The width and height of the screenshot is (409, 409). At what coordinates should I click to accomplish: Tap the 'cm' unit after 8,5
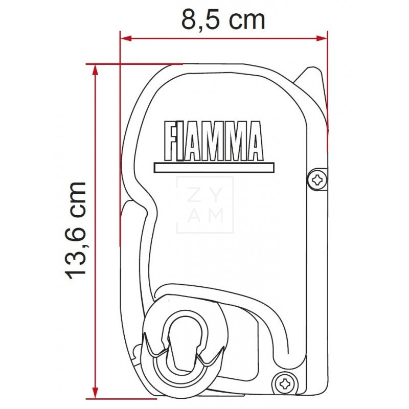pyautogui.click(x=246, y=20)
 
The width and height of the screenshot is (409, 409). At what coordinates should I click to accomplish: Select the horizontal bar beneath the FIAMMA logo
pyautogui.click(x=214, y=167)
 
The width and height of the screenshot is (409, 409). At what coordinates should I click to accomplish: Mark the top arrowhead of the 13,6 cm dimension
pyautogui.click(x=94, y=70)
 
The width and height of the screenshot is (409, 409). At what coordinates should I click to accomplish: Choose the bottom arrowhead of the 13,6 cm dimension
pyautogui.click(x=94, y=392)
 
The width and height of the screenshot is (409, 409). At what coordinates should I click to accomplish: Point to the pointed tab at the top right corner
pyautogui.click(x=312, y=77)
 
